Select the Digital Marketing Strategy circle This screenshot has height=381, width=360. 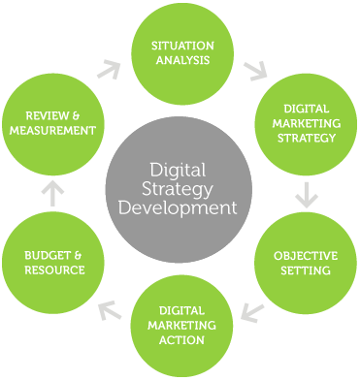coord(303,124)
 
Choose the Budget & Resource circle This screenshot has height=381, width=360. coord(55,262)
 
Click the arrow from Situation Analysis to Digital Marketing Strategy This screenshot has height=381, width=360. coord(256,71)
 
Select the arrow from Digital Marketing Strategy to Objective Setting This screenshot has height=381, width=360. coord(307,194)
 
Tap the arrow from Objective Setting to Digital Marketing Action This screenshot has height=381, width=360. coord(252,312)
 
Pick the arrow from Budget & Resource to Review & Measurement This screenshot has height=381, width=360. coord(54,194)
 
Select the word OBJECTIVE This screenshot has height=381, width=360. coord(304,255)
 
